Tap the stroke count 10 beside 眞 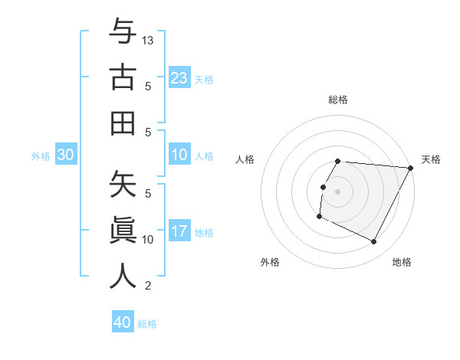click(x=149, y=240)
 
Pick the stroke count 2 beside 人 click(x=148, y=286)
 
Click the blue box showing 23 click(x=179, y=77)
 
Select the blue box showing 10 click(x=179, y=155)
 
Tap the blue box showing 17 click(x=179, y=232)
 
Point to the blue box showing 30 click(x=66, y=155)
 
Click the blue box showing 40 click(x=123, y=322)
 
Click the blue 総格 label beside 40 click(x=147, y=324)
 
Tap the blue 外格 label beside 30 click(x=41, y=156)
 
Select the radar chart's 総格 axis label click(x=337, y=100)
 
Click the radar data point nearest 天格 click(x=410, y=168)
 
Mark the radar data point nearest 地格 click(x=374, y=242)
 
